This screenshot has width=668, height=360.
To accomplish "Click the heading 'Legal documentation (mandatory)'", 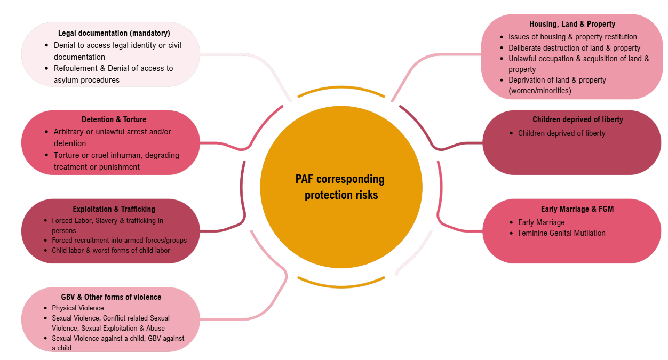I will coord(114,33).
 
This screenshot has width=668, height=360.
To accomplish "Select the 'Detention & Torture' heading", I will coord(114,119).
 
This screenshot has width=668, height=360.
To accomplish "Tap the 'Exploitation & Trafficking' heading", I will coord(114,209).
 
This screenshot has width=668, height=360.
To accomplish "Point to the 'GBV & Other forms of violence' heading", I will coord(111,297).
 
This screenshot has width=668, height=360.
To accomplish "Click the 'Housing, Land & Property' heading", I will coord(572,24).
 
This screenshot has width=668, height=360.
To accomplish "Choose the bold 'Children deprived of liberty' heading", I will coord(577,119).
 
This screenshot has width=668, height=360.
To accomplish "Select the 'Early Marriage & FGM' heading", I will coord(577,209).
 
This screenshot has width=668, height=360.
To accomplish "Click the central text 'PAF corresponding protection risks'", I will coord(340,187).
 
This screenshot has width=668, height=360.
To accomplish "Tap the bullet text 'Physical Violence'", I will coord(78,308).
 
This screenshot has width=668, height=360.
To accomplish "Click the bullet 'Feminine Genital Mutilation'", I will coord(561,233).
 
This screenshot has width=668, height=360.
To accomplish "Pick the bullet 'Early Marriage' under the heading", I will coord(541,222).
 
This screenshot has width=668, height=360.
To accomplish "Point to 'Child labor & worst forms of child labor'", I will coord(111,250).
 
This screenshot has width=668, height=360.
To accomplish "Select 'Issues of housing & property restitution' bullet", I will coord(572,37).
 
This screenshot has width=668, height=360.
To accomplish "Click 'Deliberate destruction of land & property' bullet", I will coord(574,48).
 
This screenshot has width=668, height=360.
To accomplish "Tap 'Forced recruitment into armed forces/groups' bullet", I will coord(119,241).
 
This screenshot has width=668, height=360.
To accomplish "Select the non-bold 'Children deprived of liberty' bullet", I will coord(561,133).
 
